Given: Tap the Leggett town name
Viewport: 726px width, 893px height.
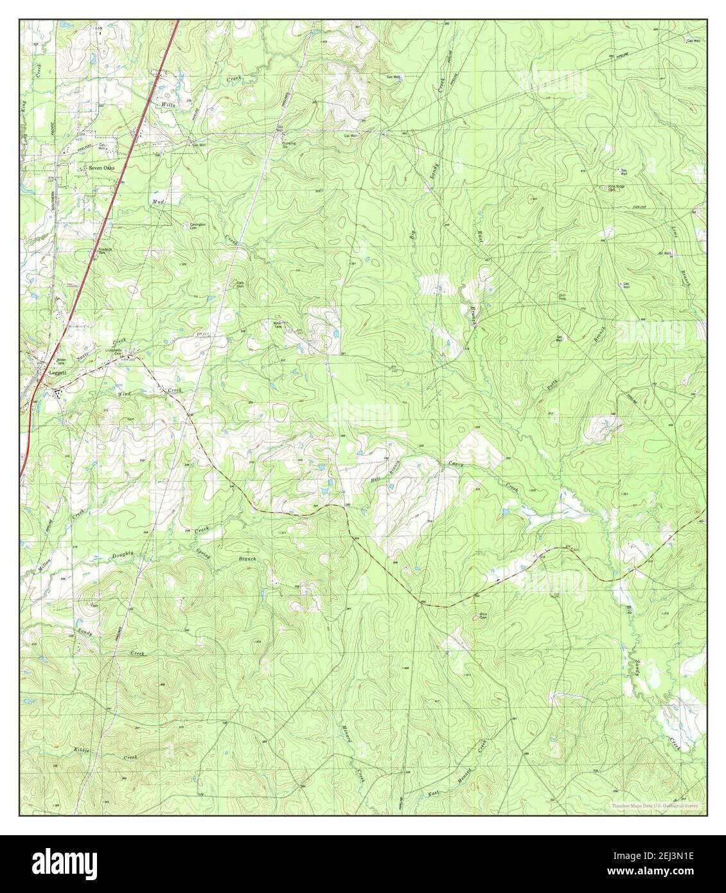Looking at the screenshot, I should coord(57,372).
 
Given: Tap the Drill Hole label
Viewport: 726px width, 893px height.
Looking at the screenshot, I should coord(562,297).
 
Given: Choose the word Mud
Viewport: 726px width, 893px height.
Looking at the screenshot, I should coord(158,201).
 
